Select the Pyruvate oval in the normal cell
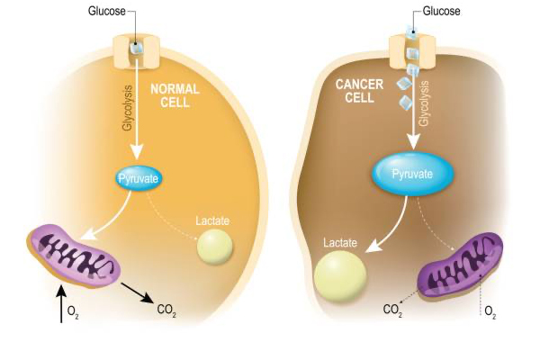pos(138,179)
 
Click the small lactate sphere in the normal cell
pos(215,247)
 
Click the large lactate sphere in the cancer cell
pos(340,277)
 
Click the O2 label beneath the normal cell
pos(75,312)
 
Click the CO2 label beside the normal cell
pos(166,310)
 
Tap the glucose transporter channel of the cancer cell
pos(412,47)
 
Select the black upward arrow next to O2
pos(60,304)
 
